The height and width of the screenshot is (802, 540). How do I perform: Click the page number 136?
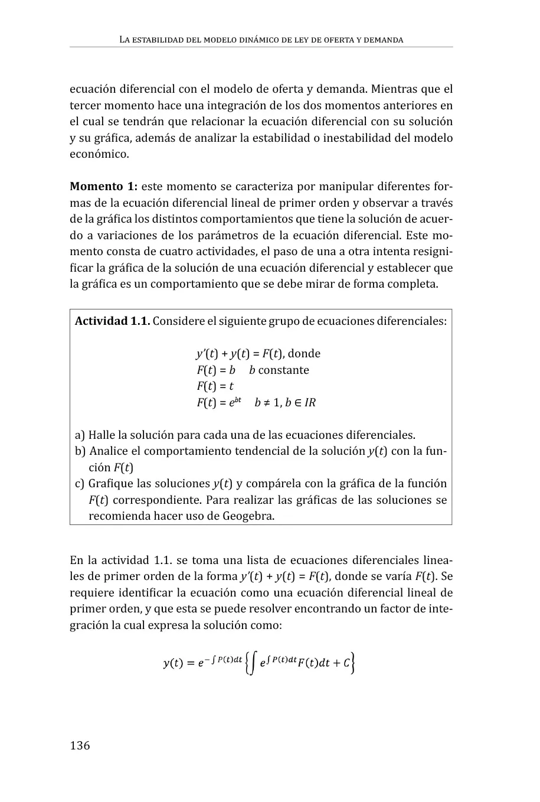pos(80,745)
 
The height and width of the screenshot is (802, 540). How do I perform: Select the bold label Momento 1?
pos(103,187)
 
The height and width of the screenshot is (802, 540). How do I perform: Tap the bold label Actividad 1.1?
pos(112,321)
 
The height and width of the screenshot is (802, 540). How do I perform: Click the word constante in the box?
pos(283,370)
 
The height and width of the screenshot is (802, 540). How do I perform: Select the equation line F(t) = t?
pos(215,386)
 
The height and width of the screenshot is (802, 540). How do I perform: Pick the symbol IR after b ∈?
pos(310,403)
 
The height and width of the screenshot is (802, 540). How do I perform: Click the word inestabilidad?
pos(362,138)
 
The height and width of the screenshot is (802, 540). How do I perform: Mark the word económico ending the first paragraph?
pos(98,155)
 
